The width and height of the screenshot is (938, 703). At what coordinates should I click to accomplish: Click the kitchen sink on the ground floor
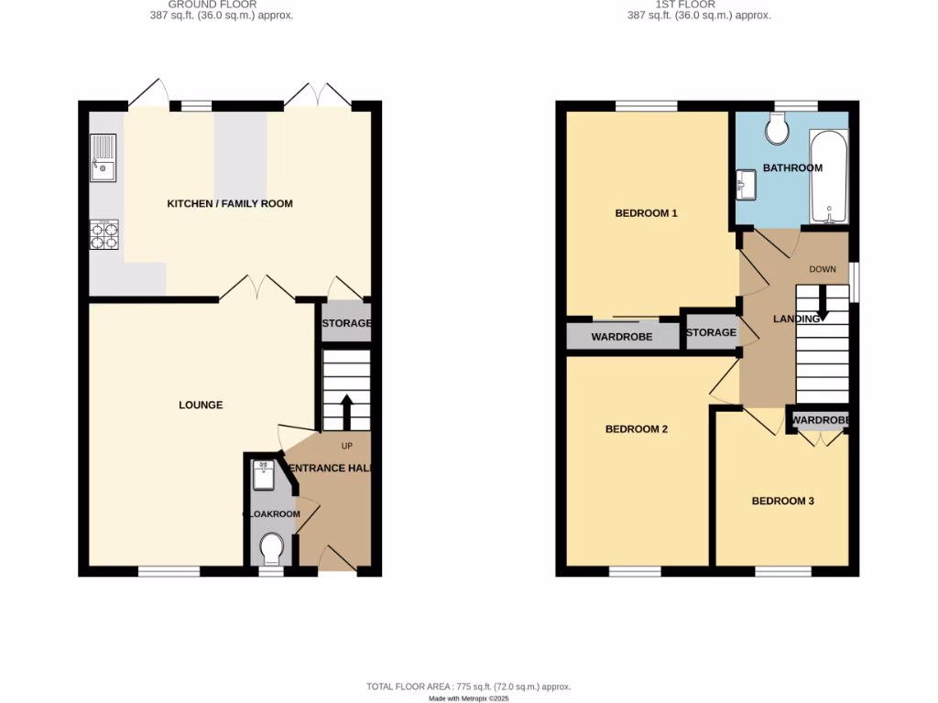pyautogui.click(x=103, y=157)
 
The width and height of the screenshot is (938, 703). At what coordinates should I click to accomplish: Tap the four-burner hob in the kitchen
pyautogui.click(x=104, y=236)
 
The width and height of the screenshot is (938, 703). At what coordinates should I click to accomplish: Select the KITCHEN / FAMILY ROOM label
pyautogui.click(x=230, y=203)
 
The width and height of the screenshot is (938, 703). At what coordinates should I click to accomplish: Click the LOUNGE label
pyautogui.click(x=201, y=405)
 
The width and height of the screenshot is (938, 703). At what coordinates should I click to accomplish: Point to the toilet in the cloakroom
pyautogui.click(x=270, y=550)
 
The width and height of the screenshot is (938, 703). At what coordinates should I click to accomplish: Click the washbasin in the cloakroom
pyautogui.click(x=265, y=472)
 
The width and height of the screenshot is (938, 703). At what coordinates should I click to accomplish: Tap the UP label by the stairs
pyautogui.click(x=347, y=447)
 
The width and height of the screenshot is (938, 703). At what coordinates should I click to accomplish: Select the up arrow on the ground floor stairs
pyautogui.click(x=347, y=411)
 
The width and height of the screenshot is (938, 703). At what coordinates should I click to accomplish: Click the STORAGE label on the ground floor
pyautogui.click(x=346, y=323)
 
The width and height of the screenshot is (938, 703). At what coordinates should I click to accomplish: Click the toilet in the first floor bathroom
pyautogui.click(x=780, y=130)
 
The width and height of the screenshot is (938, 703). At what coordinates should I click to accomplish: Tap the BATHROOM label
pyautogui.click(x=792, y=168)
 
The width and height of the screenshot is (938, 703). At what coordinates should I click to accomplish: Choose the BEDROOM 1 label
pyautogui.click(x=646, y=213)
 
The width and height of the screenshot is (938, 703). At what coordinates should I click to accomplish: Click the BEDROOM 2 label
pyautogui.click(x=637, y=428)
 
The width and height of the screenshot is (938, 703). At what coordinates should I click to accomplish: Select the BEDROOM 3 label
pyautogui.click(x=783, y=501)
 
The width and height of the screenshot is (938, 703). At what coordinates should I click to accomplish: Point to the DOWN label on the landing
pyautogui.click(x=823, y=269)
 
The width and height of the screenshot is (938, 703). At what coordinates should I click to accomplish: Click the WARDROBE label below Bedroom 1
pyautogui.click(x=622, y=337)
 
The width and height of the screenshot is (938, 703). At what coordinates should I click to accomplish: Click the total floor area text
pyautogui.click(x=468, y=687)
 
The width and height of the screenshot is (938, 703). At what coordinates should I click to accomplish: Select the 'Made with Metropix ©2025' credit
pyautogui.click(x=468, y=698)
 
